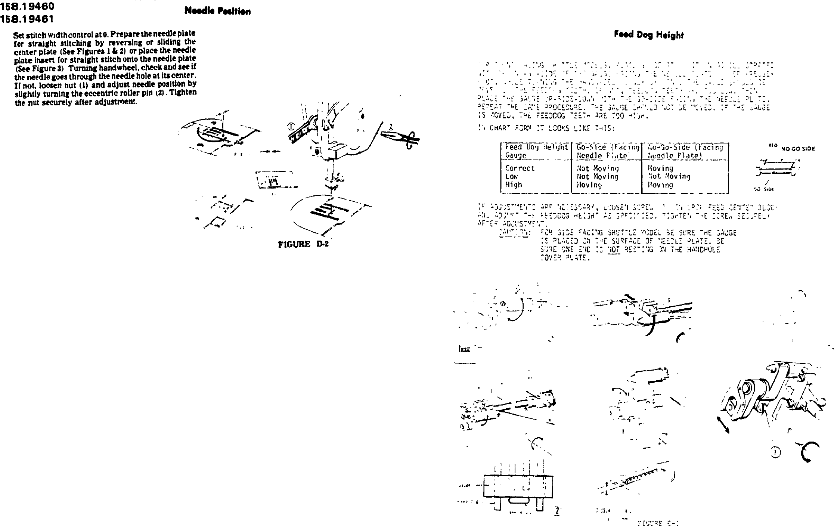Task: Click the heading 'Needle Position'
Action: pos(217,11)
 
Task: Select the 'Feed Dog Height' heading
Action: pos(649,35)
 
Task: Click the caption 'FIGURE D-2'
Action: pos(303,244)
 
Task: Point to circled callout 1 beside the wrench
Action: pos(292,126)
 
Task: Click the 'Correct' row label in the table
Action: pos(520,168)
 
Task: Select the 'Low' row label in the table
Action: pos(511,176)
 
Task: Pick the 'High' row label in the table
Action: pos(514,185)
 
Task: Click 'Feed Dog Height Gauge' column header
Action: pos(536,151)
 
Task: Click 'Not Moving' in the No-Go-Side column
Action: pos(669,176)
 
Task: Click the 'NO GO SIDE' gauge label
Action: pos(798,149)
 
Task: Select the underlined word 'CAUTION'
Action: pos(514,233)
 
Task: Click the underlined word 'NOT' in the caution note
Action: pos(614,250)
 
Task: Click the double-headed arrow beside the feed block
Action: pos(722,425)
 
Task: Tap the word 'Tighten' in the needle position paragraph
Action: pos(183,92)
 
